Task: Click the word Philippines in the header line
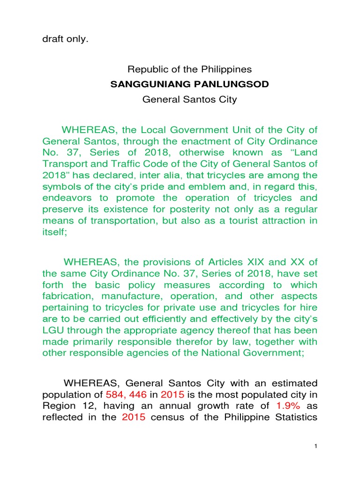coord(228,69)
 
